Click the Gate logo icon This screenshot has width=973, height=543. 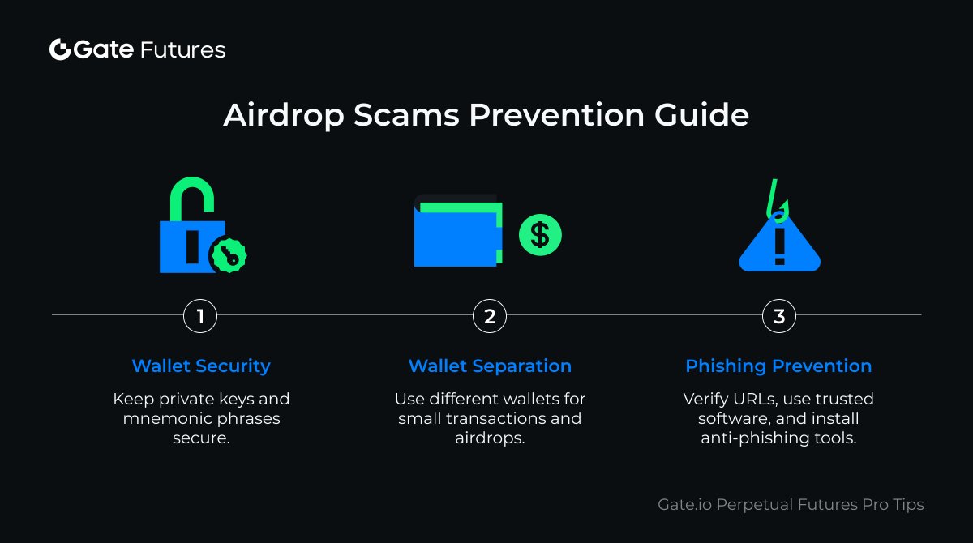tap(61, 49)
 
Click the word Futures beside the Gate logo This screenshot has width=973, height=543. tap(183, 49)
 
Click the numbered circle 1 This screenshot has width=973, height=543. tap(200, 316)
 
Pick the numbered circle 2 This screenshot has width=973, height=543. tap(490, 316)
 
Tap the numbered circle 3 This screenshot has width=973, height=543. tap(779, 316)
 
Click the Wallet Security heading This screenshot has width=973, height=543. tap(201, 366)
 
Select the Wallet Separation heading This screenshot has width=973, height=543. tap(490, 366)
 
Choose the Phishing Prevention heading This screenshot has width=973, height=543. tap(778, 366)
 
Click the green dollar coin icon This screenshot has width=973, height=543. tap(540, 235)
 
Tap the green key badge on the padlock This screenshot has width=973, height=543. tap(229, 256)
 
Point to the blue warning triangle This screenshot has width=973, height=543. tap(779, 248)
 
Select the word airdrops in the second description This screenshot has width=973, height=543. tap(491, 438)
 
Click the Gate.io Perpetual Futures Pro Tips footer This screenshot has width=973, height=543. tap(791, 504)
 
